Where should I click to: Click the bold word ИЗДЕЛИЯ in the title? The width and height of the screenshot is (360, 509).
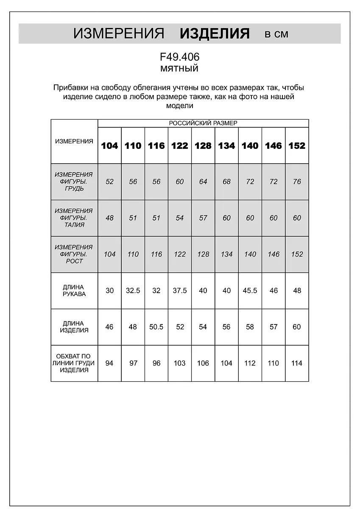[x=215, y=34]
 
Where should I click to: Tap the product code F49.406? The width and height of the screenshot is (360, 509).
[x=179, y=57]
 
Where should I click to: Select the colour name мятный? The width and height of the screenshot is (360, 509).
[x=179, y=68]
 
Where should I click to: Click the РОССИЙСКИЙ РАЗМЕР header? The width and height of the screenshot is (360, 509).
[x=203, y=123]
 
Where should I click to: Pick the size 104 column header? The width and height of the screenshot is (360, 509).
[x=109, y=145]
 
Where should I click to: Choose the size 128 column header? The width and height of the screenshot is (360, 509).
[x=203, y=145]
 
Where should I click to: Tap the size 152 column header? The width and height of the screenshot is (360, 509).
[x=297, y=145]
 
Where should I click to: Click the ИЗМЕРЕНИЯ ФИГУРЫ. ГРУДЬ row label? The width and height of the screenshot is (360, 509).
[x=74, y=182]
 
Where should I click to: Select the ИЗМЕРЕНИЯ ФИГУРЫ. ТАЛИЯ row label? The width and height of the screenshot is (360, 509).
[x=74, y=218]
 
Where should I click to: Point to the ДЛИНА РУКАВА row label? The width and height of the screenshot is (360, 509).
[x=74, y=291]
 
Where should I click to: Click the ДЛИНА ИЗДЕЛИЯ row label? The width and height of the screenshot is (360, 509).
[x=74, y=327]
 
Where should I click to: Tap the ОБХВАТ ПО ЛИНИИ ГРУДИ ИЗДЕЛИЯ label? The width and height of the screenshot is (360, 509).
[x=74, y=363]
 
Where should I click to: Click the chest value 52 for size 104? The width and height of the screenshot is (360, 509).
[x=109, y=182]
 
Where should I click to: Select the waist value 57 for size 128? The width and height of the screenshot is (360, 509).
[x=203, y=218]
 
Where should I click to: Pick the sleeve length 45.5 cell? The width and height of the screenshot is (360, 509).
[x=250, y=291]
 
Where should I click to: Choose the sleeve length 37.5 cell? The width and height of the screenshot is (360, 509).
[x=179, y=291]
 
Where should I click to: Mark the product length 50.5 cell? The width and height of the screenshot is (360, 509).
[x=156, y=327]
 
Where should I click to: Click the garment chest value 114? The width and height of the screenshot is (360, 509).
[x=297, y=363]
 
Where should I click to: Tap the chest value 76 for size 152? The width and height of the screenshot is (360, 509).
[x=297, y=182]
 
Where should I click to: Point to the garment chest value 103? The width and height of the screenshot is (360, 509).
[x=179, y=363]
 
